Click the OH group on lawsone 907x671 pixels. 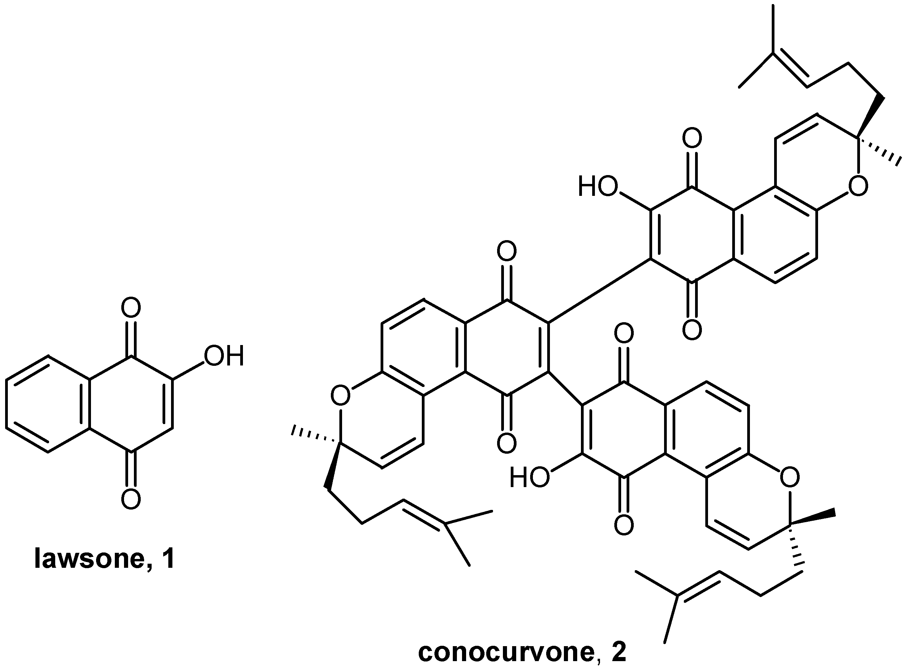pyautogui.click(x=224, y=356)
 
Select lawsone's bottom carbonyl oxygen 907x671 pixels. pyautogui.click(x=131, y=499)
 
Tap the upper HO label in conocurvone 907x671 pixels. pyautogui.click(x=597, y=187)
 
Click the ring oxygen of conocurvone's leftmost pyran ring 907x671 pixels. pyautogui.click(x=340, y=395)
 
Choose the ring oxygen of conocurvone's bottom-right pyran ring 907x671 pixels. pyautogui.click(x=789, y=478)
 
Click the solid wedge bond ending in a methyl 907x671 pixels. pyautogui.click(x=813, y=519)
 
